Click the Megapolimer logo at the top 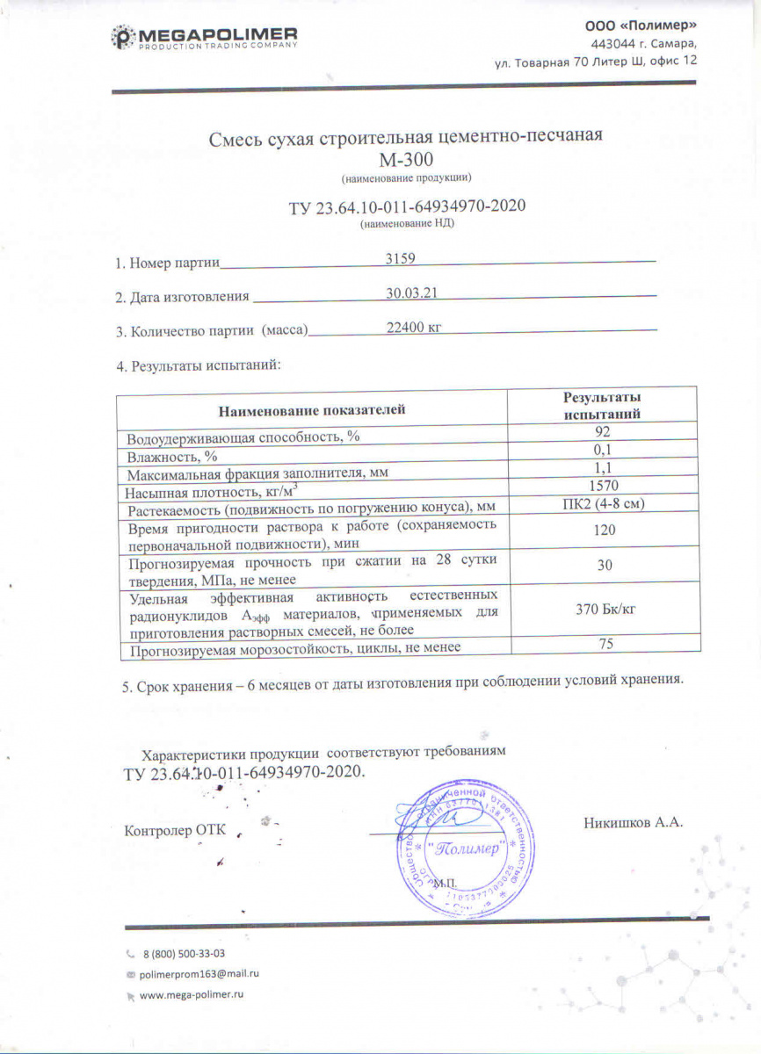click(x=204, y=37)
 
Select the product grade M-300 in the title click(x=406, y=159)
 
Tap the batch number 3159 click(x=400, y=258)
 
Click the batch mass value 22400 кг click(x=412, y=328)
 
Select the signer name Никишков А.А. click(x=633, y=823)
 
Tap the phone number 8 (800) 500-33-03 click(x=183, y=953)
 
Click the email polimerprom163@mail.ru click(x=199, y=974)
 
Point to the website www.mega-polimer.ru click(x=191, y=995)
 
